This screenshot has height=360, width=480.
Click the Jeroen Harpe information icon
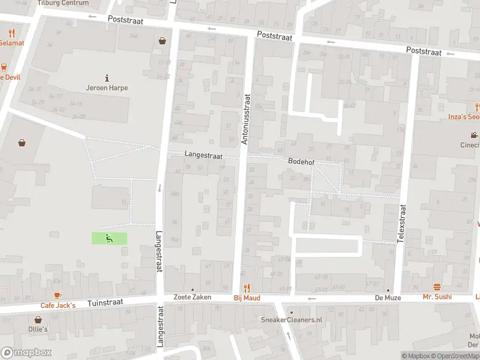pos(107,77)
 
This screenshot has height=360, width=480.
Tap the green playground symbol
pos(109,238)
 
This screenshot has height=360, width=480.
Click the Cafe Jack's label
pos(58,305)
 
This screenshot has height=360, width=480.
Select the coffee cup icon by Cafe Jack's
pos(58,295)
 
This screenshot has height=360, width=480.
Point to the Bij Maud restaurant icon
pos(246,289)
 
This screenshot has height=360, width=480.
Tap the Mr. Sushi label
pos(437,297)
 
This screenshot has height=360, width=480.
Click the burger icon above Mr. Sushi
pos(437,287)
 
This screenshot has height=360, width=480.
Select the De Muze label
pos(388,298)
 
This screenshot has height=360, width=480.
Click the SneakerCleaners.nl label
pos(292,320)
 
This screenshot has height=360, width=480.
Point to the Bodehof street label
pos(301,162)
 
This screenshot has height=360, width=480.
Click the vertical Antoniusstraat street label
pos(245,119)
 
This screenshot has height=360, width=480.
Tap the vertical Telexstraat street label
pos(402,223)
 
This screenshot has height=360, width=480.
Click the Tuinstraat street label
pos(105,303)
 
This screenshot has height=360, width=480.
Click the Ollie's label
pos(37,329)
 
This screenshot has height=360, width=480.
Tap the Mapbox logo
pos(27,353)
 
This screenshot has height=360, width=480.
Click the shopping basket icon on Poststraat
pos(162,41)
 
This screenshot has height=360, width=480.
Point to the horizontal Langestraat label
pos(203,155)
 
